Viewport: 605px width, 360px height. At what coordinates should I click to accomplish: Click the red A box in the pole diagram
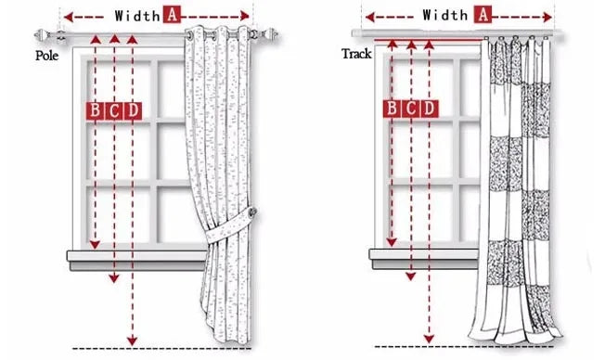click(x=172, y=15)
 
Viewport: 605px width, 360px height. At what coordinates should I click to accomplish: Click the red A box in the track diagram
click(x=483, y=15)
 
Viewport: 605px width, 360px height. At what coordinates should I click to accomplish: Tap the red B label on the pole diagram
click(x=95, y=111)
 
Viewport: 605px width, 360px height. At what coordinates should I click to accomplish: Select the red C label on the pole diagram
click(x=114, y=111)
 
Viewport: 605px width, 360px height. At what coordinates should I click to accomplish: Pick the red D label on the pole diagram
click(x=133, y=111)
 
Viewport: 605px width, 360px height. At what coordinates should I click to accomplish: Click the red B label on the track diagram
click(x=392, y=109)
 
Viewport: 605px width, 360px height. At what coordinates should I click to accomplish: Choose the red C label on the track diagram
click(x=410, y=109)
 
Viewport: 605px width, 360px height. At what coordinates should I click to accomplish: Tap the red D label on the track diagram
click(x=429, y=109)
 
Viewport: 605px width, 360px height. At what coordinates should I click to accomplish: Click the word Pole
click(x=46, y=56)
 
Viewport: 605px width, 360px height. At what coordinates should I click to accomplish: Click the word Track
click(x=356, y=54)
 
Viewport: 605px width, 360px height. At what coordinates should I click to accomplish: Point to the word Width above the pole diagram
click(x=137, y=16)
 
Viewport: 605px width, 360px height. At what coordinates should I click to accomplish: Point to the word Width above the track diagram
click(x=444, y=16)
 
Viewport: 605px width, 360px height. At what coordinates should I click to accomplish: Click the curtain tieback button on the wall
click(x=253, y=212)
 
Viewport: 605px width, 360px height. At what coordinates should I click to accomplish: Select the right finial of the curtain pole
click(x=269, y=34)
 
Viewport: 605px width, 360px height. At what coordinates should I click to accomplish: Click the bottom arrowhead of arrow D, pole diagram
click(x=133, y=341)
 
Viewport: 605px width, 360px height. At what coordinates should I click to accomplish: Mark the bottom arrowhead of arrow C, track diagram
click(x=411, y=276)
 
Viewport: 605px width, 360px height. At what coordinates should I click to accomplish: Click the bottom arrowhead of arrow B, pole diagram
click(x=95, y=245)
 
